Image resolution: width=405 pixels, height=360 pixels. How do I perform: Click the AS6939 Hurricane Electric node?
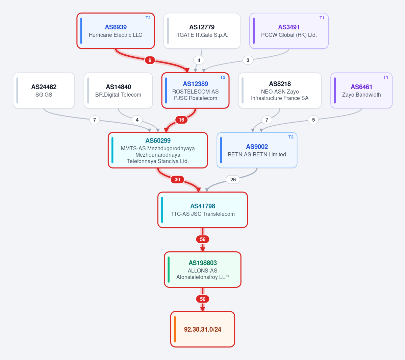(x=116, y=31)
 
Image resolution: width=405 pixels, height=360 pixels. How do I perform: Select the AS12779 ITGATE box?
(x=202, y=31)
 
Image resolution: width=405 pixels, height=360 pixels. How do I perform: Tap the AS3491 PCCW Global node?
(x=289, y=31)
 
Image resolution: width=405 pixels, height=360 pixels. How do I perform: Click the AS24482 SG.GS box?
(x=44, y=91)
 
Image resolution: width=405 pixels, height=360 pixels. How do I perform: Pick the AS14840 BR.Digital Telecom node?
(x=118, y=91)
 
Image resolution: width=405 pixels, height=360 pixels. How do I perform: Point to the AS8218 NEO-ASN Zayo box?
(x=280, y=91)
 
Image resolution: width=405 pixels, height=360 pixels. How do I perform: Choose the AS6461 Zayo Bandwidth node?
(x=361, y=91)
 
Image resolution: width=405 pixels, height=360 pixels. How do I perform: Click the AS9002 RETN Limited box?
(x=257, y=150)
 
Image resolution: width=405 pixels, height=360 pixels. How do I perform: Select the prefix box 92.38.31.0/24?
(x=203, y=329)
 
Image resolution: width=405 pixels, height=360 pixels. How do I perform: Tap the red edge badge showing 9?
(x=150, y=60)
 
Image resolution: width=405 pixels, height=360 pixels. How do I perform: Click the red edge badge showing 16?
(x=182, y=120)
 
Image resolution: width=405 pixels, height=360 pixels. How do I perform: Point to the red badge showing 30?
(x=177, y=179)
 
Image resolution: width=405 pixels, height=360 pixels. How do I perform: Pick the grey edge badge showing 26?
(x=233, y=179)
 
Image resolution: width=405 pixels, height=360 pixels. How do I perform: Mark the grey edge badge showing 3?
(x=248, y=60)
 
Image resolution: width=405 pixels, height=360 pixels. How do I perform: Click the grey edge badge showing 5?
(x=313, y=120)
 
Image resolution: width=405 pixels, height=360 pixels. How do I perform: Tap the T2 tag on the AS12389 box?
(x=223, y=77)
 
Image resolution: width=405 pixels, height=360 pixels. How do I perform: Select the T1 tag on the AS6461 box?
(x=386, y=77)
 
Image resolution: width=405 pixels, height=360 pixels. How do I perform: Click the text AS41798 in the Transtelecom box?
(x=203, y=206)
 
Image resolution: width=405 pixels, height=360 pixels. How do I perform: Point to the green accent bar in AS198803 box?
(x=169, y=269)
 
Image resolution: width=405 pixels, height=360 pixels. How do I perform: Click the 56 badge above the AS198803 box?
(x=203, y=239)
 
